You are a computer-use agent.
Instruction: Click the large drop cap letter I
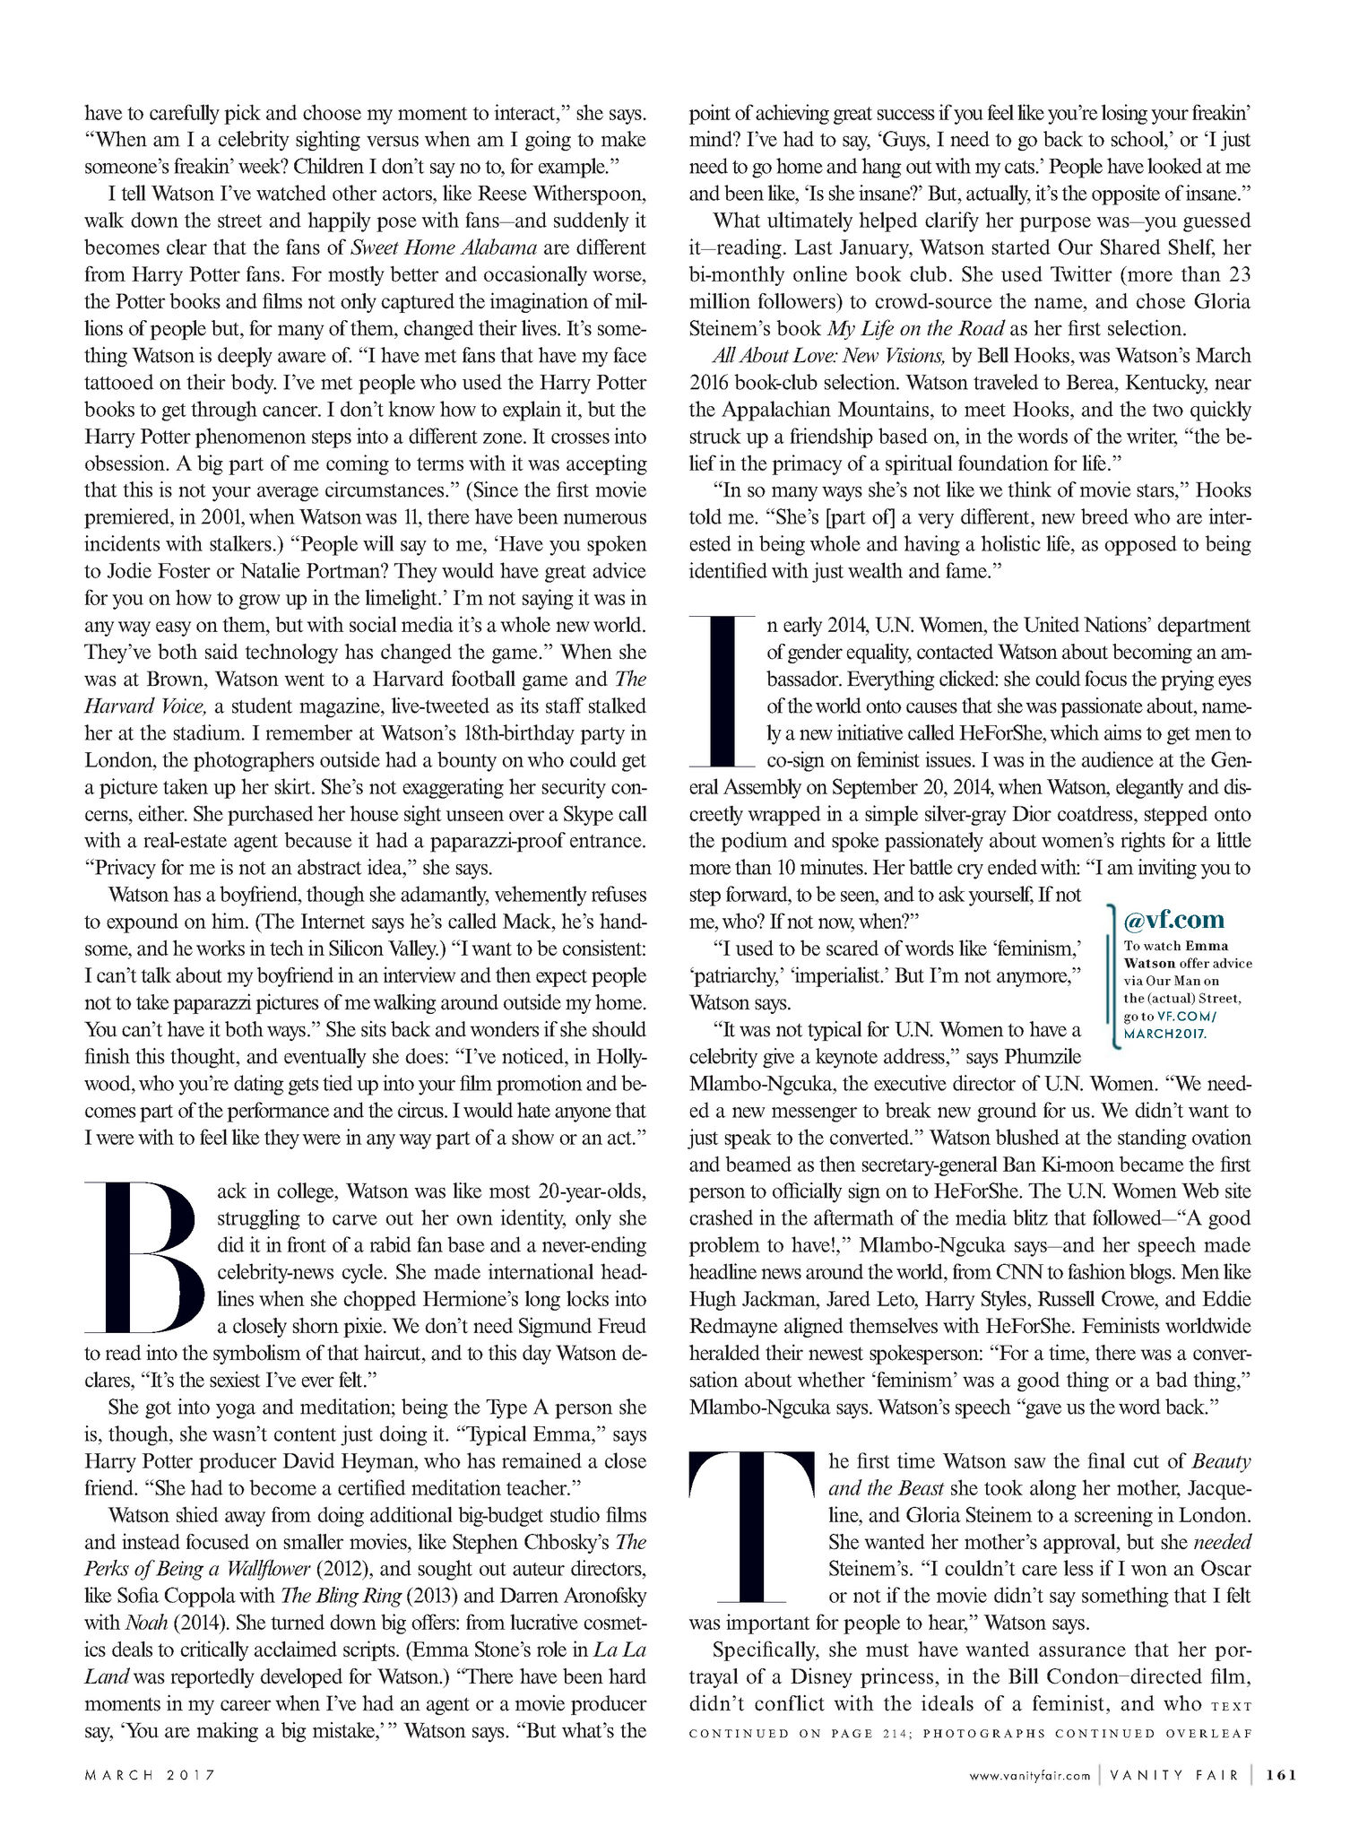723,690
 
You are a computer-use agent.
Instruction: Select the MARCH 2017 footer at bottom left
151,1774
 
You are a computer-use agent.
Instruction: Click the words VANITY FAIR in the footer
1174,1774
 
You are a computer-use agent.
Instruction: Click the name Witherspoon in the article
586,194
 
